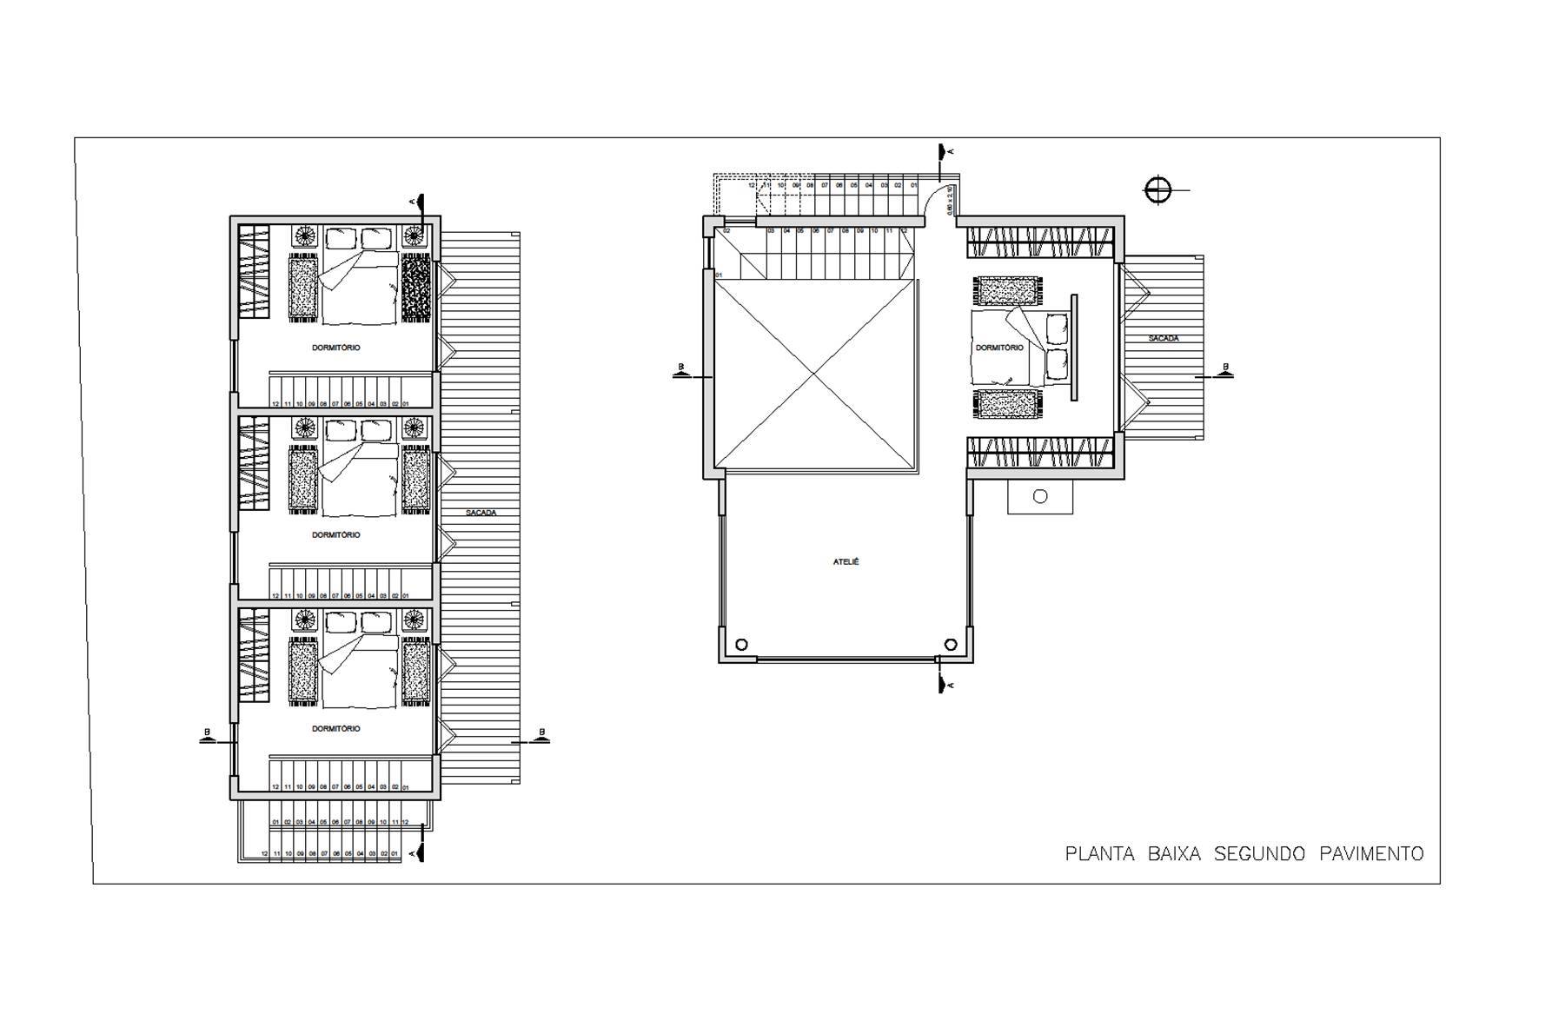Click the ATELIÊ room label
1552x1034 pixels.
846,562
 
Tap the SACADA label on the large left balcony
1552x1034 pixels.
481,513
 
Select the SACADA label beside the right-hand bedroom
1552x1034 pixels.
1163,338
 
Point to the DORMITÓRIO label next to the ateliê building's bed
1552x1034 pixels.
999,348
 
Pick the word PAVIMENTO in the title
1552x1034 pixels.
1371,854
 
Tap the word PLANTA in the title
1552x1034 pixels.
1099,854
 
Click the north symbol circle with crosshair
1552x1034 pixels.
1157,190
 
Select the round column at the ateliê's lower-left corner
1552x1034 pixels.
741,645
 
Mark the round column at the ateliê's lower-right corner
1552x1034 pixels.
951,645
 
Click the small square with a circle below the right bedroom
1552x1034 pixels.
1040,496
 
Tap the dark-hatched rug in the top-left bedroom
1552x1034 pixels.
415,288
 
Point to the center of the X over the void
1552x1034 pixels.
815,374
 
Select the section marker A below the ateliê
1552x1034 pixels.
941,685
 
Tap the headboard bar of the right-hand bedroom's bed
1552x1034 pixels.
1074,348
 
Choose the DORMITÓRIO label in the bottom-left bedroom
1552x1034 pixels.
335,728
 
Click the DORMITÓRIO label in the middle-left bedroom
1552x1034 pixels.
335,534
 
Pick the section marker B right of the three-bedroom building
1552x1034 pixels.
541,737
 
